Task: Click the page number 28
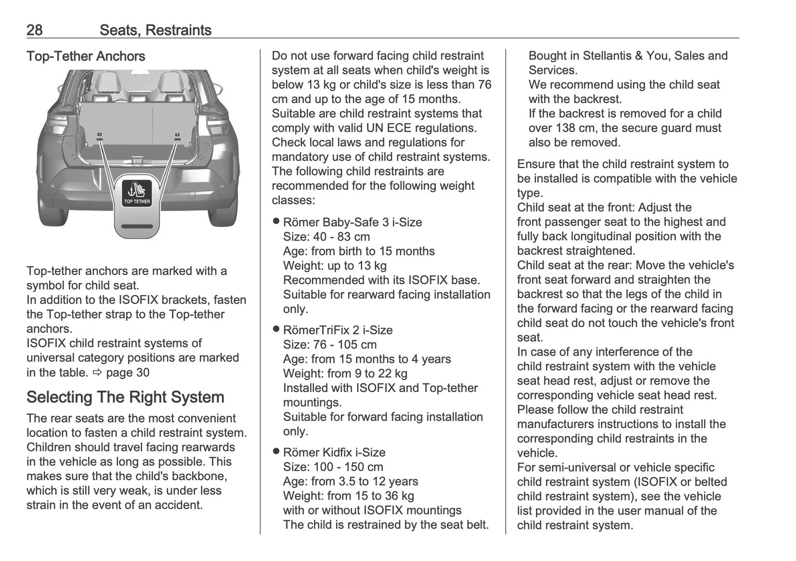click(x=34, y=30)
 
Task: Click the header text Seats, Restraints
click(x=155, y=30)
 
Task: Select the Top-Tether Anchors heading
click(x=85, y=56)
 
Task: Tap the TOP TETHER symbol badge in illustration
click(x=137, y=193)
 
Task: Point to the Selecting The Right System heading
click(x=125, y=397)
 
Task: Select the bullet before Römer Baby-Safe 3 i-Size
click(x=277, y=222)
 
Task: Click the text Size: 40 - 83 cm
click(x=326, y=237)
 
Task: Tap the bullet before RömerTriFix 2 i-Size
click(x=277, y=330)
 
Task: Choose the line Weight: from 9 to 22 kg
click(x=345, y=374)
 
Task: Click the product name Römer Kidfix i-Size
click(x=334, y=452)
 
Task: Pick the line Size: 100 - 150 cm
click(x=333, y=467)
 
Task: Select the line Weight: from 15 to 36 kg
click(x=348, y=496)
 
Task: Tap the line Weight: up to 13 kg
click(x=334, y=266)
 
